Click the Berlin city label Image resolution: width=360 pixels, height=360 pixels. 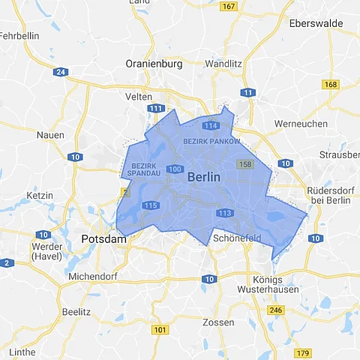click(x=204, y=178)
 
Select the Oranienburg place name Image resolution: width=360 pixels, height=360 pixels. click(x=154, y=64)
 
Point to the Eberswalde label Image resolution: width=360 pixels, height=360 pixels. click(x=318, y=23)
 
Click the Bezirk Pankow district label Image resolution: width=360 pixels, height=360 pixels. click(x=212, y=141)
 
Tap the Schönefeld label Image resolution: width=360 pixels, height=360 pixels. click(x=237, y=238)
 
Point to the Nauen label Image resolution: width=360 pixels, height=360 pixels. click(x=49, y=135)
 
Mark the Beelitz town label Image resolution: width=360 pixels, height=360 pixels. click(x=76, y=311)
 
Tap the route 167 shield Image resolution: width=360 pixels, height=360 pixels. click(x=229, y=7)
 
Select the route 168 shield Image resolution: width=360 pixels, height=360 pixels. click(x=331, y=85)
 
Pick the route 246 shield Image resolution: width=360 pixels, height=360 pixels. click(x=276, y=310)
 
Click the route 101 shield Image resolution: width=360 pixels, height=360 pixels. click(x=160, y=329)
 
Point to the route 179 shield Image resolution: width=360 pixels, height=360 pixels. click(x=302, y=353)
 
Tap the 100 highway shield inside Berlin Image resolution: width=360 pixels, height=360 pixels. click(x=175, y=169)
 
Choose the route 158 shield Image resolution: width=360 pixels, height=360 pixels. click(x=244, y=163)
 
